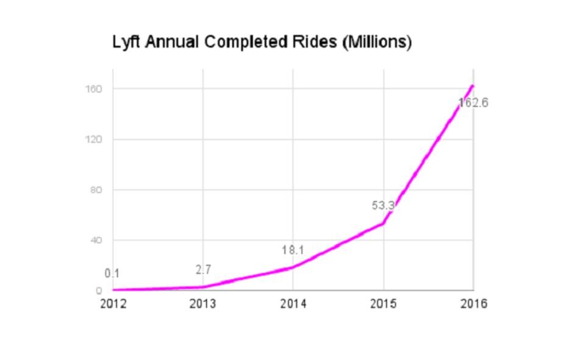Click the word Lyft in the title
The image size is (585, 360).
tap(126, 43)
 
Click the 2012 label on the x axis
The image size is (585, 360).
tap(113, 304)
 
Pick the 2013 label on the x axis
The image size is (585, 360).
tap(203, 304)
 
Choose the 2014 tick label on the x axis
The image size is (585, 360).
tap(293, 304)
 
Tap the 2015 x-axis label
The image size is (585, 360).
tap(383, 304)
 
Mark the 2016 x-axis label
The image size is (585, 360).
tap(473, 304)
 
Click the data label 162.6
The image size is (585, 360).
tap(473, 103)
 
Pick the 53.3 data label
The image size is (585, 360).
tap(383, 206)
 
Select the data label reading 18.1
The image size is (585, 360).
tap(292, 250)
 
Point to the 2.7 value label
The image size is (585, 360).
tap(203, 270)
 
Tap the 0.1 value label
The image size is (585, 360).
tap(112, 274)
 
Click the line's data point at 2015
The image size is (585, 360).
tap(383, 224)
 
